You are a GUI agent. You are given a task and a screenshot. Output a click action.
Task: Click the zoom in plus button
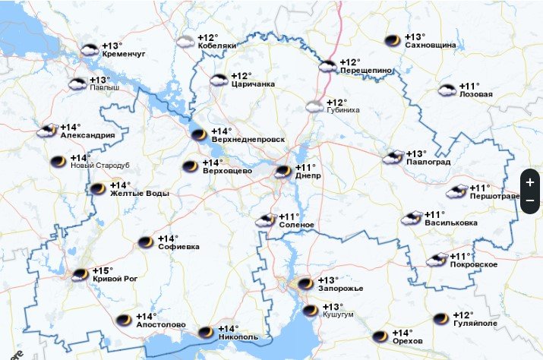(x=530, y=183)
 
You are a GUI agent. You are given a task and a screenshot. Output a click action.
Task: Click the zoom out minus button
(x=530, y=200)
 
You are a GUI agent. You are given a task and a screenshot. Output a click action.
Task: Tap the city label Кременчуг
(x=123, y=55)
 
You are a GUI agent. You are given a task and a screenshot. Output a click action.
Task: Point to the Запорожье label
(x=341, y=289)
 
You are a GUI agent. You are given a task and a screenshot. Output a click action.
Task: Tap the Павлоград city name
(x=428, y=163)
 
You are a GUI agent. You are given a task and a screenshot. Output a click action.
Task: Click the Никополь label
(x=238, y=336)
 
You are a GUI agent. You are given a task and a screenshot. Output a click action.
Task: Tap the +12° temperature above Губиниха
(x=336, y=103)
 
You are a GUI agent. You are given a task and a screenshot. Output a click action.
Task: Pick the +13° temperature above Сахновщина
(x=415, y=36)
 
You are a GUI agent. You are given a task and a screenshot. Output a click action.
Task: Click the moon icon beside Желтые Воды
(x=97, y=189)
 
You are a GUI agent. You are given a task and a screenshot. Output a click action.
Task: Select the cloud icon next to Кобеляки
(x=185, y=43)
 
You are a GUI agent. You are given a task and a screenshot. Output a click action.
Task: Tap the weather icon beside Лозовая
(x=447, y=90)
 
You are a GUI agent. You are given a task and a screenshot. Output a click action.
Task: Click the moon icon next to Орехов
(x=380, y=336)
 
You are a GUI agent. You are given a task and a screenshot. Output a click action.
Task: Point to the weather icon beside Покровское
(x=437, y=260)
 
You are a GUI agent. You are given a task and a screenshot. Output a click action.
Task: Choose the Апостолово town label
(x=160, y=325)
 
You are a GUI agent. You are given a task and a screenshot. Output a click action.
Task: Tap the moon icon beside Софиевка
(x=145, y=242)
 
